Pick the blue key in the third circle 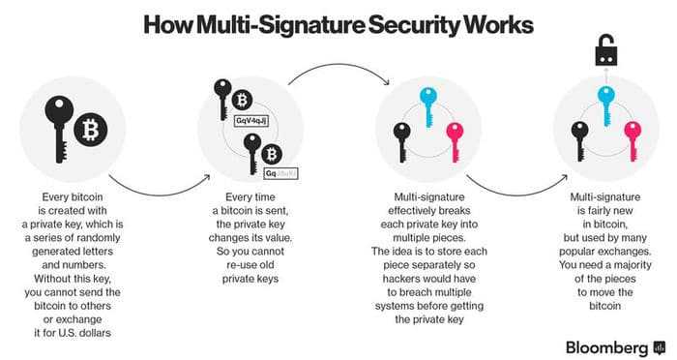pos(427,105)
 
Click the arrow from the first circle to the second pos(159,187)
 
